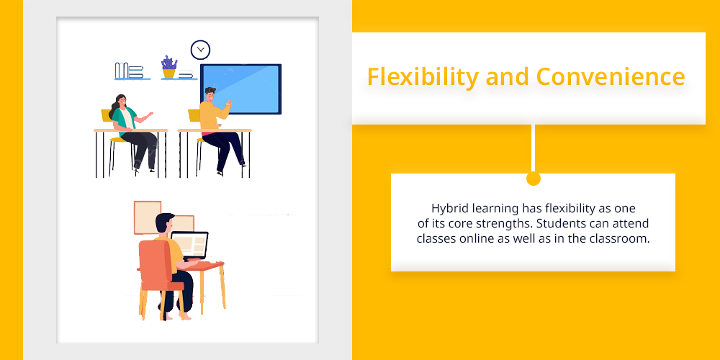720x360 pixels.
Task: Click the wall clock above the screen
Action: pos(200,50)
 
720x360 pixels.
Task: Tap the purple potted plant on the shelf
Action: pos(169,67)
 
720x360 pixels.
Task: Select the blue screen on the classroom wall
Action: pos(241,89)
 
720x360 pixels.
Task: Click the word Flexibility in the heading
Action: pos(423,77)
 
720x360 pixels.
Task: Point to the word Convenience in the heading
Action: pos(611,77)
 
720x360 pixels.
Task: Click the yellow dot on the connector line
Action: pos(533,179)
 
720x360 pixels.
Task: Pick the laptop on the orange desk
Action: pos(189,246)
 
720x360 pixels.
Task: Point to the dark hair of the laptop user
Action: pos(164,222)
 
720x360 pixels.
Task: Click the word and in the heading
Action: pos(507,77)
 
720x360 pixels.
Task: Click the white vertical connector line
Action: pos(533,148)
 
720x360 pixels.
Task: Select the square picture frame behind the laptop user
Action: pos(148,217)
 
